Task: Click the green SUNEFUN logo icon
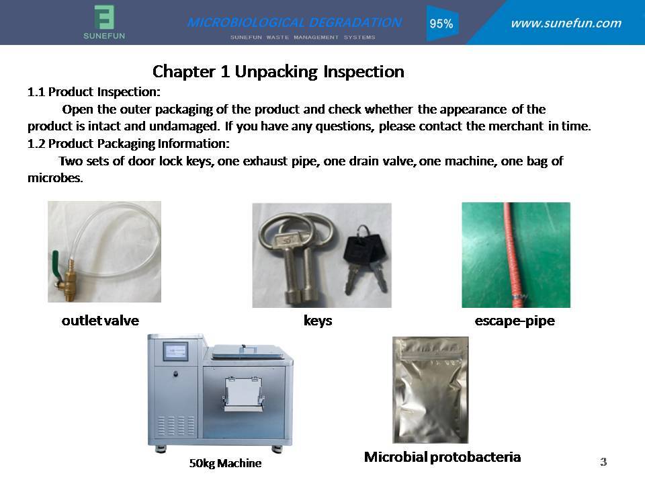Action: coord(104,17)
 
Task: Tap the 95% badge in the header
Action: coord(441,24)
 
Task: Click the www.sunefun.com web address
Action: coord(566,23)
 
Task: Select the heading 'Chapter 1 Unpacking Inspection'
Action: coord(278,72)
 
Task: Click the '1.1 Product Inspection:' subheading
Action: coord(94,91)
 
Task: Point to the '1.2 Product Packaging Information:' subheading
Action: coord(128,143)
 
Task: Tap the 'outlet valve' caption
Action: coord(100,320)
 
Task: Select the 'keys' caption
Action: coord(318,321)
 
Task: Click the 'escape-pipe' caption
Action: coord(515,321)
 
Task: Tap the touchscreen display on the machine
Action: coord(175,352)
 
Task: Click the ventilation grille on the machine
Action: coord(176,426)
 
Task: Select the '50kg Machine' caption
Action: coord(225,463)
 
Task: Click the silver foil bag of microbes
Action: coord(430,390)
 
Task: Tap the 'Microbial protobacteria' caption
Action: coord(442,457)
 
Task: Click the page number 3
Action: coord(603,462)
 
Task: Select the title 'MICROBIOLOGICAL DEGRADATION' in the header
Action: coord(294,22)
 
